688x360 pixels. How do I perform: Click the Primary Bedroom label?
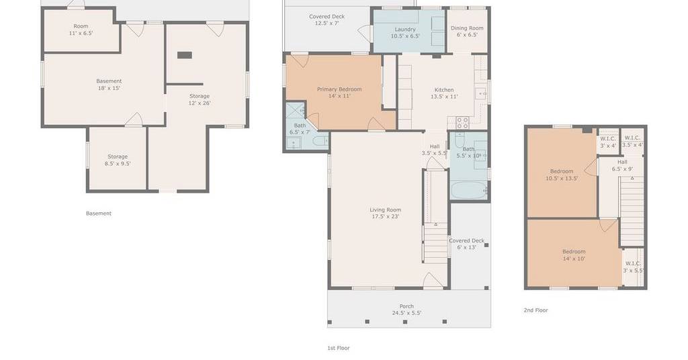339,89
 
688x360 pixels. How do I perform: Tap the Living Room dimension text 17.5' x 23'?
385,216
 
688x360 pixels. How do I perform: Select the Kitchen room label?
444,90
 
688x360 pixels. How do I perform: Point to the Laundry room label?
405,30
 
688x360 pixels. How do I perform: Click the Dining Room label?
467,28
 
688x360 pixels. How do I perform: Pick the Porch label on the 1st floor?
406,306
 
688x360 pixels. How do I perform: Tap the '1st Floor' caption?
339,348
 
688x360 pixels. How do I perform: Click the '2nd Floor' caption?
535,310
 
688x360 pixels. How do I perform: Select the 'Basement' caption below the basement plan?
99,214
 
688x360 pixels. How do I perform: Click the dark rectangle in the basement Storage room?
185,55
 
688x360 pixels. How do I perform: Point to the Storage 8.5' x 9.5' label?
118,160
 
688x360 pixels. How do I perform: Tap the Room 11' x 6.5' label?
81,30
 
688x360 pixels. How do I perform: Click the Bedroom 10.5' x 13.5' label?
562,175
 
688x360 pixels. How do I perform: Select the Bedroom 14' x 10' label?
574,255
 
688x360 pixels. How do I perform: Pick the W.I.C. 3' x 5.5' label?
633,267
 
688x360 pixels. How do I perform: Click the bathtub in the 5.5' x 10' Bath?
469,190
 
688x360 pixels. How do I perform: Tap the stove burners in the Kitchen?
462,123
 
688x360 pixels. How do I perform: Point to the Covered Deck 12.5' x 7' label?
327,19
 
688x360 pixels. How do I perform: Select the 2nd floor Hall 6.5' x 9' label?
622,165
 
